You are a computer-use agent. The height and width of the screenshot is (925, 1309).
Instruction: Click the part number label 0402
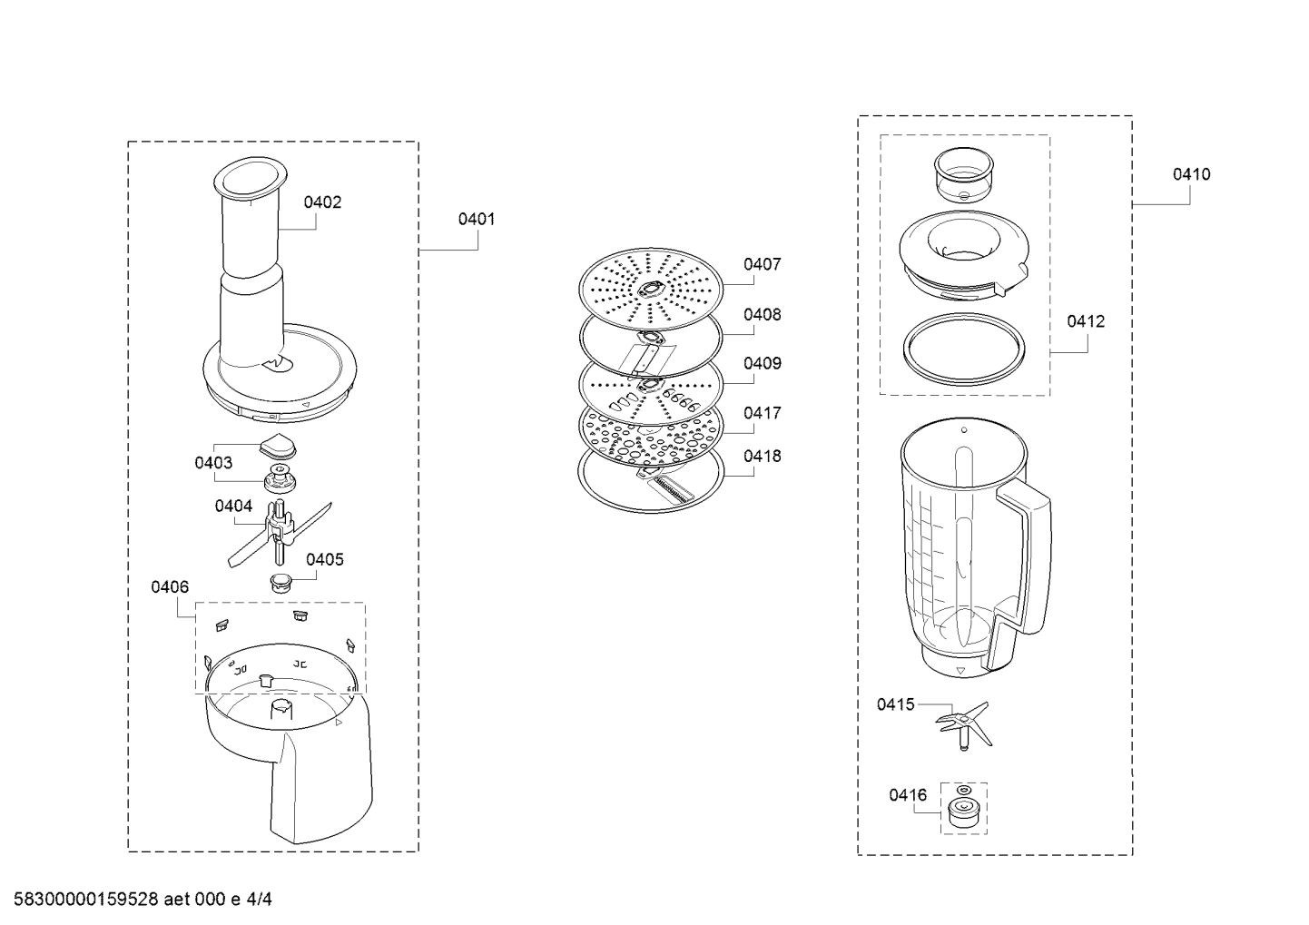(x=322, y=202)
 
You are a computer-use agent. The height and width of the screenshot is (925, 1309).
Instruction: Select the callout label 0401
(x=477, y=219)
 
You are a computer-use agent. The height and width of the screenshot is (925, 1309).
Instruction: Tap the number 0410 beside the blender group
(x=1192, y=174)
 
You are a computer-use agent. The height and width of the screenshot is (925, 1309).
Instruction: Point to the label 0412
(x=1086, y=321)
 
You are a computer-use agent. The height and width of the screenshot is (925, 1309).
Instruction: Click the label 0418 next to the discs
(x=762, y=456)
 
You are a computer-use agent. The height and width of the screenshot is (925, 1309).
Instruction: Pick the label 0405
(x=325, y=560)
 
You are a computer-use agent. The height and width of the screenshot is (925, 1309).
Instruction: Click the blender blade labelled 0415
(x=964, y=724)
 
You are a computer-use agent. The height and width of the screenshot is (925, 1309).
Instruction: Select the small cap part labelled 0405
(x=280, y=583)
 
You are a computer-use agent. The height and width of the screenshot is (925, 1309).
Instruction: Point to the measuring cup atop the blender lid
(x=964, y=174)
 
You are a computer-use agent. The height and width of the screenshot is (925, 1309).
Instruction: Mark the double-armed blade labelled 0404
(x=280, y=532)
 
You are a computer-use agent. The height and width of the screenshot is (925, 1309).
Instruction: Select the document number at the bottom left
(x=85, y=900)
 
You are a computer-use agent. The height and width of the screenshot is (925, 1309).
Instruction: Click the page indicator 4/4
(x=259, y=900)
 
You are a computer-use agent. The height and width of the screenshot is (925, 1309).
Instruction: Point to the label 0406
(x=170, y=586)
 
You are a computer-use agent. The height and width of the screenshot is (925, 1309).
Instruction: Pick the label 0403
(x=213, y=463)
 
